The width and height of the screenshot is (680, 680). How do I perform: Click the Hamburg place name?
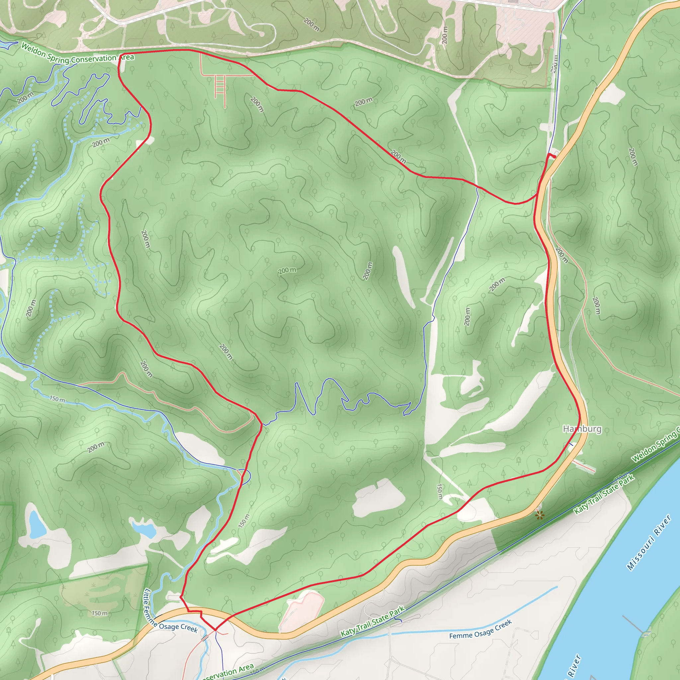[582, 429]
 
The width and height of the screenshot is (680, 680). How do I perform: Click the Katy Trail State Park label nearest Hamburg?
[604, 494]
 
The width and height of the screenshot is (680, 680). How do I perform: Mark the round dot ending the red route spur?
[555, 157]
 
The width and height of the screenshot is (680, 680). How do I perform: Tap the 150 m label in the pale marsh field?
[100, 613]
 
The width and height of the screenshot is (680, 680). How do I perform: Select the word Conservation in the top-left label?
[93, 59]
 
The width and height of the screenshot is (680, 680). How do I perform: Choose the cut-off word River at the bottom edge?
[573, 667]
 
